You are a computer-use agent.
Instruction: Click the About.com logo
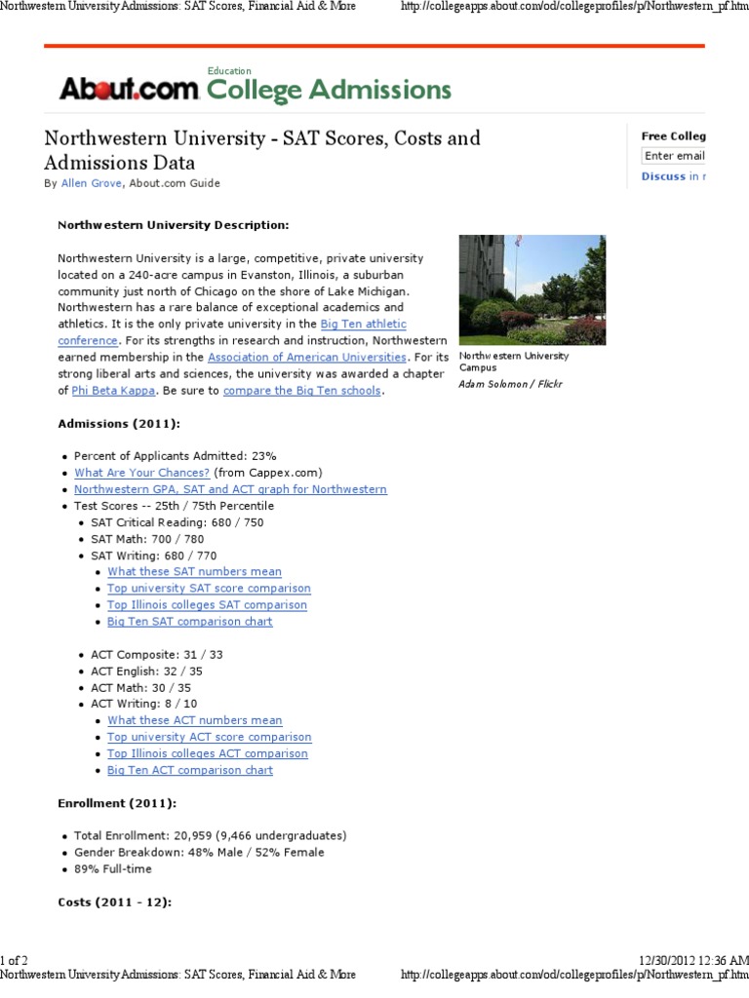[x=129, y=90]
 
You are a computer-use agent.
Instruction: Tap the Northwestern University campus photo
[x=532, y=289]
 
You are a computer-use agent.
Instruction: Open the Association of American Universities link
[x=307, y=357]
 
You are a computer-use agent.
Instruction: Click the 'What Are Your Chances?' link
[x=136, y=473]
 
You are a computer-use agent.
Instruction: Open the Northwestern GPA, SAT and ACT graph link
[x=230, y=489]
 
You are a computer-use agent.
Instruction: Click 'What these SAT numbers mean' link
[x=194, y=572]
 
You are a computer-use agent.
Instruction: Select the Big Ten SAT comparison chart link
[x=190, y=622]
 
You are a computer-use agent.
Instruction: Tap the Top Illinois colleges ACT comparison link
[x=208, y=753]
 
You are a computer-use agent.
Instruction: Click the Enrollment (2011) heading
[x=117, y=803]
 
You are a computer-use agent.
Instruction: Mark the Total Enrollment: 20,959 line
[x=210, y=836]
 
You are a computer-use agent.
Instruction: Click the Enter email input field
[x=674, y=156]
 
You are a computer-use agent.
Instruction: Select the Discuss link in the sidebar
[x=663, y=176]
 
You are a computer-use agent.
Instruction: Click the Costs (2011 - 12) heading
[x=114, y=902]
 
